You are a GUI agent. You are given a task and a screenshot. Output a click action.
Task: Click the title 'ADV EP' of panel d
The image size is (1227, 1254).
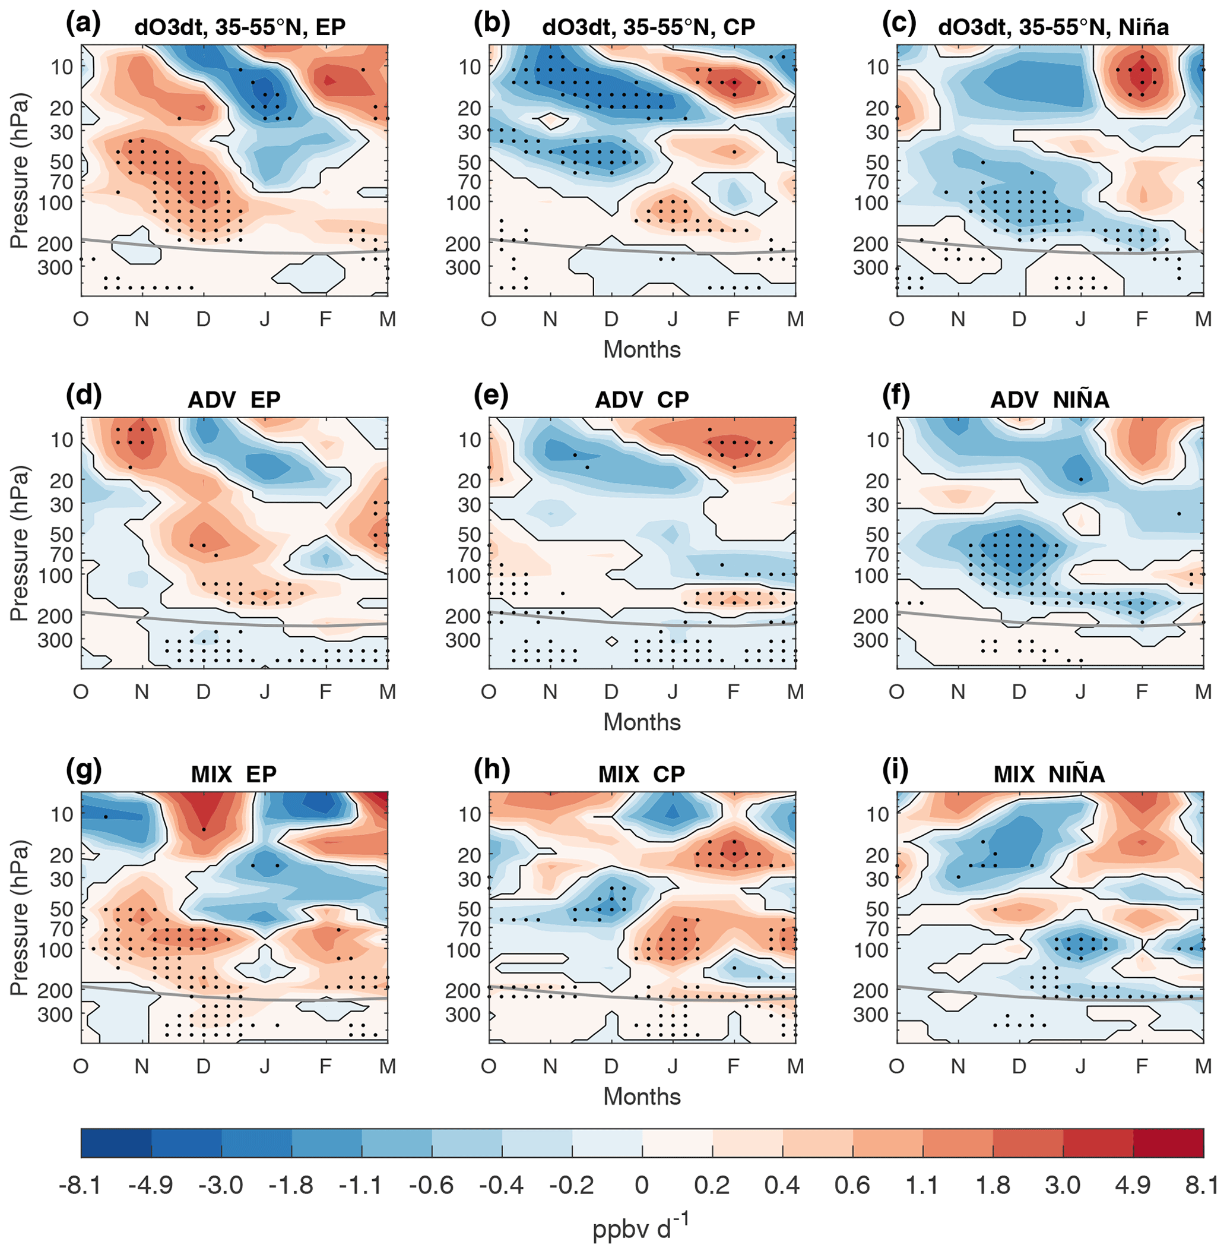(234, 400)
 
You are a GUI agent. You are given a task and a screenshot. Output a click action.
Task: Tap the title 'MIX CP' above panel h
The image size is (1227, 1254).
(641, 773)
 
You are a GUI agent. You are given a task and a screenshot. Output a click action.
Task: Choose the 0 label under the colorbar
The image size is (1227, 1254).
(641, 1185)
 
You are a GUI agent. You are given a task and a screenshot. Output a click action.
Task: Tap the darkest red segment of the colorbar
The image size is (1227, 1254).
(1168, 1142)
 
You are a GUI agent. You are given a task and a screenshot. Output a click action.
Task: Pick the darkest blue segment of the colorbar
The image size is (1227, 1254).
(116, 1142)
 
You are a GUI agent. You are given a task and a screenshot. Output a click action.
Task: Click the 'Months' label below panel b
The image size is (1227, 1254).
(642, 349)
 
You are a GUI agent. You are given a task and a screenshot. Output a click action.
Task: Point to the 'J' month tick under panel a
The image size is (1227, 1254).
(265, 318)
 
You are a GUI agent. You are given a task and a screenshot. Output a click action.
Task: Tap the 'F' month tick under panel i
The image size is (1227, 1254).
(1142, 1066)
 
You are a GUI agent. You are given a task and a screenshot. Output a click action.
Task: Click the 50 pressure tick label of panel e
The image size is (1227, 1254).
(469, 534)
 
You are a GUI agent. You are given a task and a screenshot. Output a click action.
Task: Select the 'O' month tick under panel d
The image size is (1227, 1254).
(81, 692)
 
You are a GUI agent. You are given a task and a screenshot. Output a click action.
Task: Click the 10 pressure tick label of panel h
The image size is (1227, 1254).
(469, 814)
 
